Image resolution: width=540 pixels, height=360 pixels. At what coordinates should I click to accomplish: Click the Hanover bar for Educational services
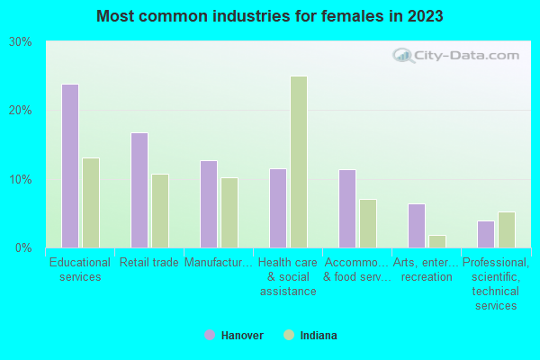pyautogui.click(x=70, y=166)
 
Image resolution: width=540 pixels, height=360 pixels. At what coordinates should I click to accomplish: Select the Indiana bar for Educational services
pyautogui.click(x=91, y=202)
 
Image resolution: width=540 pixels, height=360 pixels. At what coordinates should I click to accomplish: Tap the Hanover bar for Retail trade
pyautogui.click(x=139, y=190)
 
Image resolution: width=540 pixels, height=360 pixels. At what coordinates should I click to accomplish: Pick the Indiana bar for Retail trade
pyautogui.click(x=160, y=211)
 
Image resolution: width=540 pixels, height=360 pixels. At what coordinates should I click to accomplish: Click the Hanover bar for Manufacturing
pyautogui.click(x=209, y=203)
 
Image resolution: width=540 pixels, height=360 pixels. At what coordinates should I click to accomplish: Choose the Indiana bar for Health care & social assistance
pyautogui.click(x=299, y=162)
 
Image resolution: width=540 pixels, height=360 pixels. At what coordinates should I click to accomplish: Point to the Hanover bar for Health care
pyautogui.click(x=278, y=208)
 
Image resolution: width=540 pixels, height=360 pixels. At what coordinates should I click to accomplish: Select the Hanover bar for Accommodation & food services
pyautogui.click(x=347, y=208)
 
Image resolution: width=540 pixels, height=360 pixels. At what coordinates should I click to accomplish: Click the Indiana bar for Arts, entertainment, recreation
pyautogui.click(x=437, y=241)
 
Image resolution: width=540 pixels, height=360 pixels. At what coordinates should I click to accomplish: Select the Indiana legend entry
pyautogui.click(x=310, y=336)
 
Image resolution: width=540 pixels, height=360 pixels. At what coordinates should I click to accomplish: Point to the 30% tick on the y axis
pyautogui.click(x=21, y=42)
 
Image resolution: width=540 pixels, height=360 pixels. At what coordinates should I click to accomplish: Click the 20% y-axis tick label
pyautogui.click(x=21, y=111)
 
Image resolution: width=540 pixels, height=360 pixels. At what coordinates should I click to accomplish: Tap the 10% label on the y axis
pyautogui.click(x=21, y=179)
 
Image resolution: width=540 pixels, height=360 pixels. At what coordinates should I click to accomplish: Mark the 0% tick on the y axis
pyautogui.click(x=23, y=247)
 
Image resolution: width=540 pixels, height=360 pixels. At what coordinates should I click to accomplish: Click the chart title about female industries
pyautogui.click(x=270, y=16)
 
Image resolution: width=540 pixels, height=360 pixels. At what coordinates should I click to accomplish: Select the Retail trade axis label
pyautogui.click(x=149, y=263)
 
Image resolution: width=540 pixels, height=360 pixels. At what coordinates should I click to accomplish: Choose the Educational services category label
pyautogui.click(x=80, y=270)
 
